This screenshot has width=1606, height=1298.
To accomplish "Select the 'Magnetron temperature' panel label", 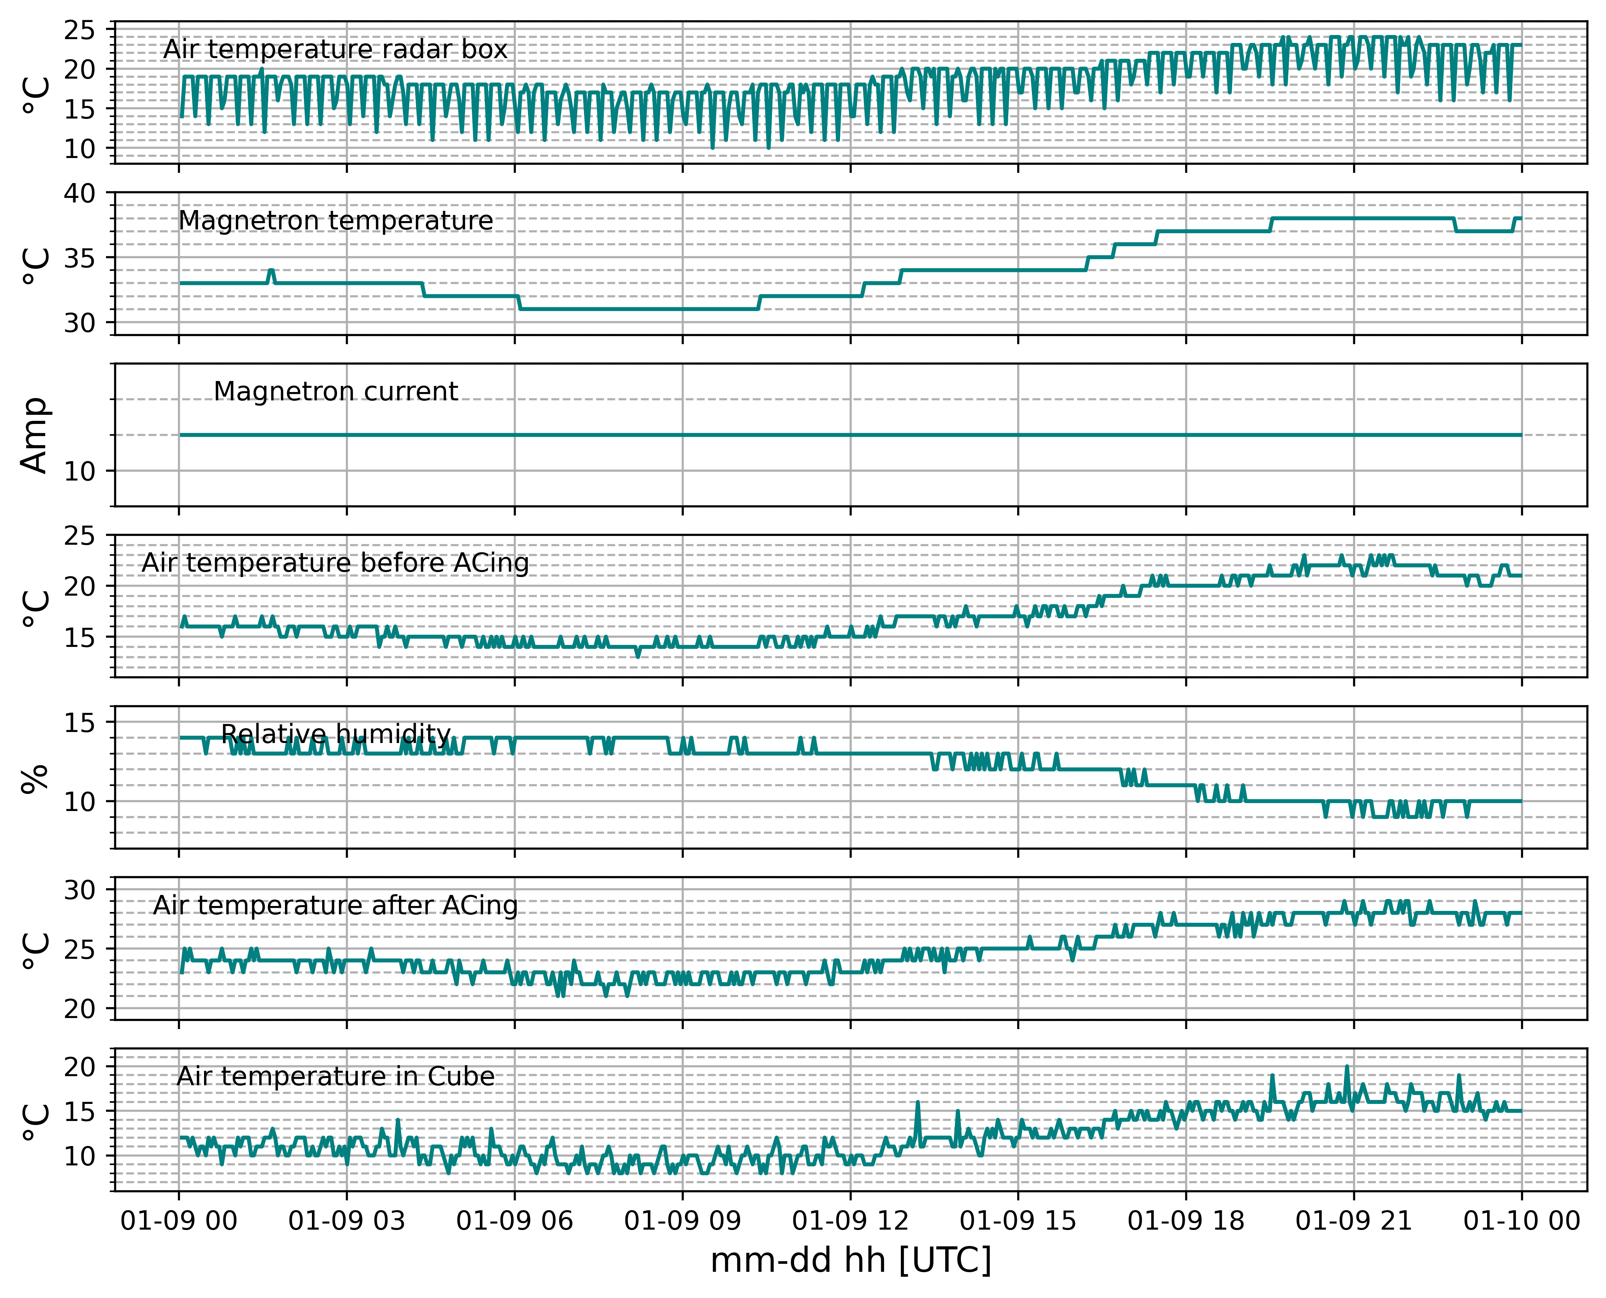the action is tap(336, 221).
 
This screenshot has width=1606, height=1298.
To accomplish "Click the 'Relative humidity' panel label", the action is tap(336, 734).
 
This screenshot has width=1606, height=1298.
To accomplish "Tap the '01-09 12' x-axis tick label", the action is tap(850, 1221).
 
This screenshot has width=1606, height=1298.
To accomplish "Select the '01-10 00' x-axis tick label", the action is tap(1522, 1221).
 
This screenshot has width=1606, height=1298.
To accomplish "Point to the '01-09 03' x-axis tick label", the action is tap(346, 1221).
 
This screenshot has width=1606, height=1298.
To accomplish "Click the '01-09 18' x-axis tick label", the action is tap(1186, 1221).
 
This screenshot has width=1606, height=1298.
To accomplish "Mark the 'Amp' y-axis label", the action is tap(35, 435).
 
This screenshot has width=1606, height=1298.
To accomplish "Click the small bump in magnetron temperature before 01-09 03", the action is tap(271, 271).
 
